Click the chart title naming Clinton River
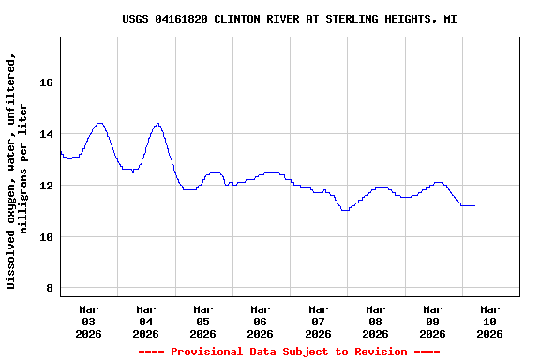tap(290, 19)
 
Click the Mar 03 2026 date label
tap(89, 321)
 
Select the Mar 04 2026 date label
tap(146, 321)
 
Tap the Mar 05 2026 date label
tap(203, 321)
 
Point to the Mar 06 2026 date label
tap(261, 321)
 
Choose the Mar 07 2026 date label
tap(318, 321)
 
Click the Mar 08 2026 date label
tap(375, 321)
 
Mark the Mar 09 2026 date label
tap(432, 321)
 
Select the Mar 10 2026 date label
tap(489, 321)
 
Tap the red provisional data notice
tap(289, 352)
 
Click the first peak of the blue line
tap(99, 123)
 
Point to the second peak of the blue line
tap(157, 123)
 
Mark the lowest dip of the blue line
tap(345, 210)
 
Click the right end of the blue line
tap(474, 205)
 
